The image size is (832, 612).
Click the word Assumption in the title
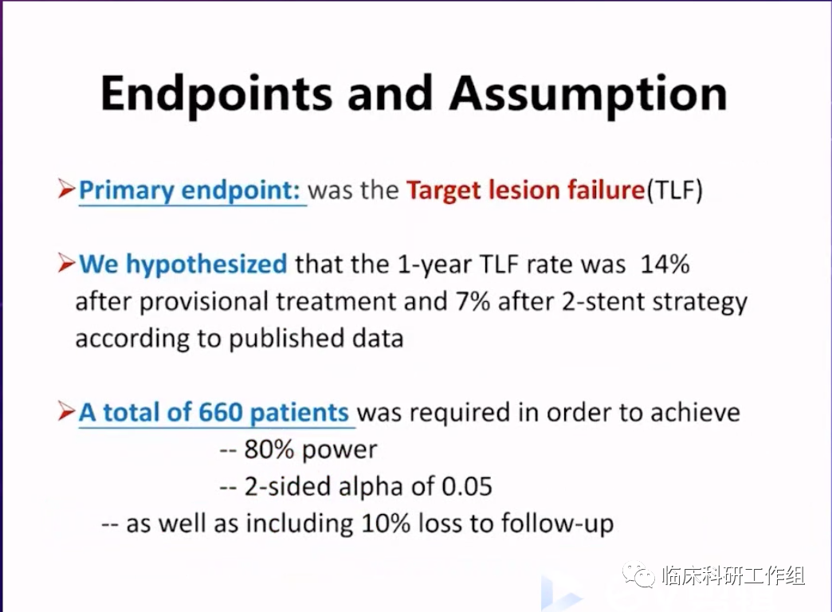[x=588, y=95]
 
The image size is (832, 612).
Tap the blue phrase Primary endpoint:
[x=190, y=190]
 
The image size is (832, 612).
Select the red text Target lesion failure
[x=526, y=190]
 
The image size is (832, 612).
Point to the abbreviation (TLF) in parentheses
[x=674, y=190]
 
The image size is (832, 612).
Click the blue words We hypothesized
[x=183, y=265]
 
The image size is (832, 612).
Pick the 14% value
[x=665, y=264]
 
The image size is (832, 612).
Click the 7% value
[x=473, y=301]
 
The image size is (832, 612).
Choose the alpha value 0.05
[x=467, y=486]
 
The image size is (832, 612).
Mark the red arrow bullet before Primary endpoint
[x=66, y=189]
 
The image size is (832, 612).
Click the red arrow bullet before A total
[x=66, y=411]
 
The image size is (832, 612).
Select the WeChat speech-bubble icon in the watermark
[x=639, y=575]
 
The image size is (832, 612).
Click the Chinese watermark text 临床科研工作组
[x=734, y=575]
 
